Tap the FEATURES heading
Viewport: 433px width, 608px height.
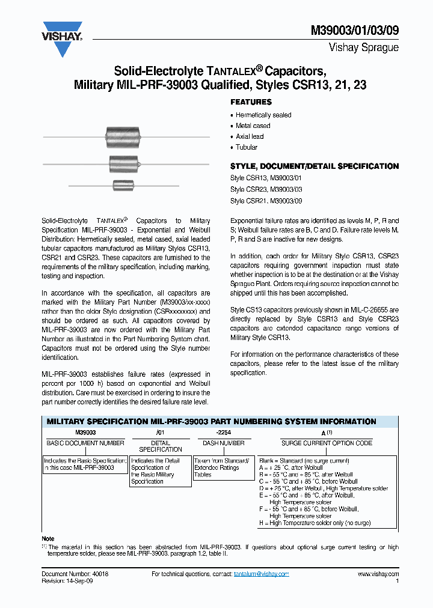click(x=251, y=102)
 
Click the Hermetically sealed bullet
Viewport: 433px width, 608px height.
click(x=263, y=115)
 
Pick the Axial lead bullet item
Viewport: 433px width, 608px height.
click(x=250, y=136)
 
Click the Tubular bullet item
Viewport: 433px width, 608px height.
click(x=247, y=147)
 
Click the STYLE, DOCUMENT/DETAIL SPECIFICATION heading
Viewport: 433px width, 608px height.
click(x=315, y=166)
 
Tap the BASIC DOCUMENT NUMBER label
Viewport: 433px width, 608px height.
click(x=85, y=443)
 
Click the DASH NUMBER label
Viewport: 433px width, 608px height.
click(x=223, y=443)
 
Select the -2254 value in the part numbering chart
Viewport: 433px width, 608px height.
click(x=223, y=432)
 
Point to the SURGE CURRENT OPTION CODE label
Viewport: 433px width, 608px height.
click(x=327, y=443)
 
